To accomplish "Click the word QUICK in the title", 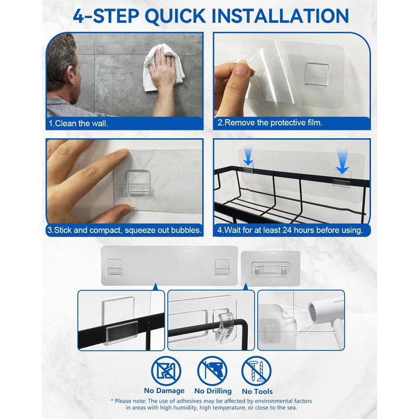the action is [175, 16].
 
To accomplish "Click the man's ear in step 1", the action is [70, 75].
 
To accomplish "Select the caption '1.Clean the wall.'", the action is [78, 123].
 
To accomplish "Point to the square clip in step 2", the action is [317, 75].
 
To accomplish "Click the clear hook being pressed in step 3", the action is [138, 182].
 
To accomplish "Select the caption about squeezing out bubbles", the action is [125, 230].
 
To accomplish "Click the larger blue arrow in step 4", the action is [342, 161].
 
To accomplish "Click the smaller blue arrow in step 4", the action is [248, 156].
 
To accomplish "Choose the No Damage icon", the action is [166, 371].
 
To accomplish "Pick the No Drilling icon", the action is [212, 371].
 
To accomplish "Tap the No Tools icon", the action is [256, 371].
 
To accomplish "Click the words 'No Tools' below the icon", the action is [257, 391].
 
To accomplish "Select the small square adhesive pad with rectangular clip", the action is [271, 269].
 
